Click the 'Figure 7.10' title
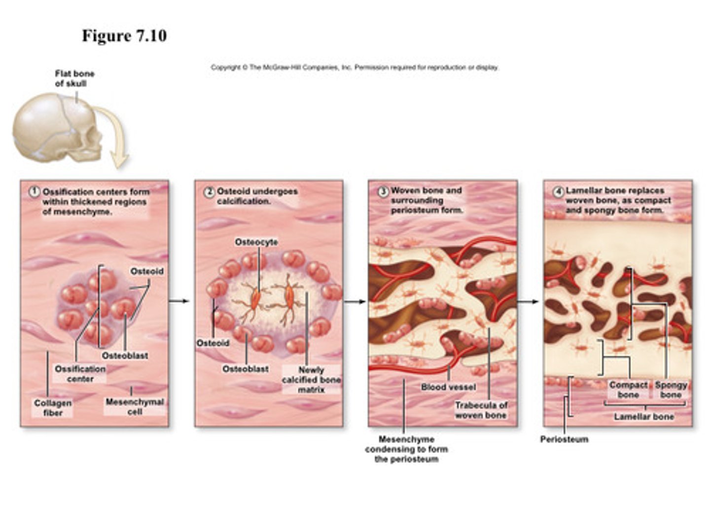pyautogui.click(x=124, y=36)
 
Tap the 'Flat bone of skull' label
pyautogui.click(x=74, y=79)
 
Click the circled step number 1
pyautogui.click(x=34, y=192)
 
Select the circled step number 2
pyautogui.click(x=209, y=192)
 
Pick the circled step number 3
pyautogui.click(x=383, y=191)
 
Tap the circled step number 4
pyautogui.click(x=558, y=191)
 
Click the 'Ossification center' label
pyautogui.click(x=80, y=374)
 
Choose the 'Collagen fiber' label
pyautogui.click(x=53, y=408)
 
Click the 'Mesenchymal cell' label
pyautogui.click(x=135, y=407)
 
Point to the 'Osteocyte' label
pyautogui.click(x=256, y=242)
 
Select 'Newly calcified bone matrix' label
pyautogui.click(x=311, y=379)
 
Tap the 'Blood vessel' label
pyautogui.click(x=448, y=387)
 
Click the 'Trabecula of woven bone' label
pyautogui.click(x=481, y=410)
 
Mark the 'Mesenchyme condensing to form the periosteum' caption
pyautogui.click(x=406, y=449)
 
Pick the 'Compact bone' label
pyautogui.click(x=628, y=390)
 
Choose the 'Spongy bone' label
pyautogui.click(x=671, y=390)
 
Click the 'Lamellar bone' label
pyautogui.click(x=643, y=417)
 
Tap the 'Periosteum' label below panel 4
pyautogui.click(x=564, y=439)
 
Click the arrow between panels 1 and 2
pyautogui.click(x=179, y=301)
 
